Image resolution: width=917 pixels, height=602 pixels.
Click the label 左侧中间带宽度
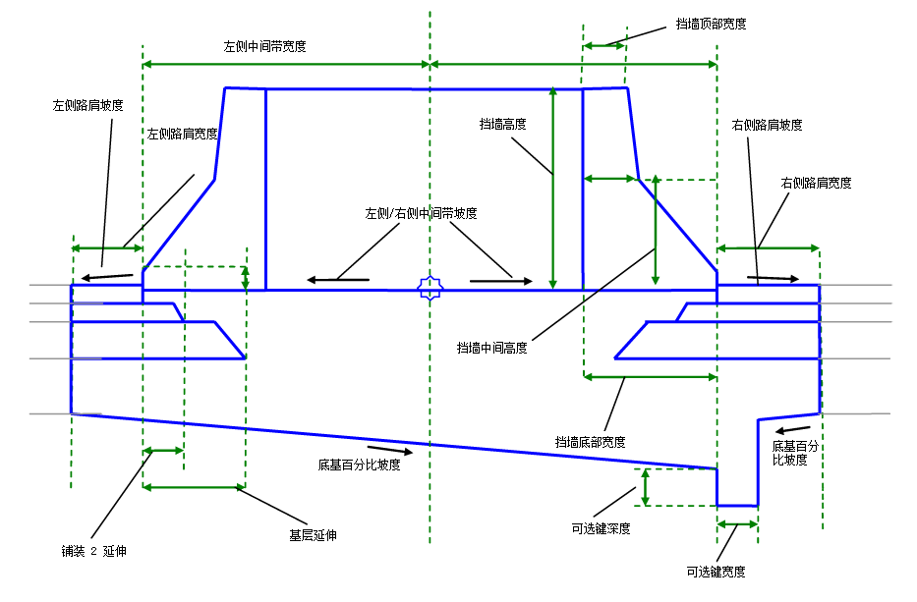(x=264, y=46)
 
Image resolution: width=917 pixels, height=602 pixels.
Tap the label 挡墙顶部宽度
(x=711, y=24)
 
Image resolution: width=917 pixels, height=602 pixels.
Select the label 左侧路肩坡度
(x=87, y=105)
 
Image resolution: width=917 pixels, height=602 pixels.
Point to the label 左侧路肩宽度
(x=183, y=134)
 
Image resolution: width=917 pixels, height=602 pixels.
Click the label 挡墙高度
(x=503, y=124)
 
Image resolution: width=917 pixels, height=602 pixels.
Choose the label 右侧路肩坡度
(x=767, y=125)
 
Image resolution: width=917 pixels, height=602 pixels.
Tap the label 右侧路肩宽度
(x=816, y=183)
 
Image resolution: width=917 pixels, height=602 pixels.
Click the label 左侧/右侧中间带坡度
(x=421, y=213)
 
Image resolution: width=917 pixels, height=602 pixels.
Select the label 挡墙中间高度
(x=491, y=348)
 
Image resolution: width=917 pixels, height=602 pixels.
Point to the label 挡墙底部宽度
(x=590, y=442)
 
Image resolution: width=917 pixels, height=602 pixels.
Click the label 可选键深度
(x=601, y=528)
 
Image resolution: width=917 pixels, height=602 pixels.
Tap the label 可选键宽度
(x=716, y=572)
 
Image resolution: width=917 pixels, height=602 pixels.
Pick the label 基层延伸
(x=313, y=535)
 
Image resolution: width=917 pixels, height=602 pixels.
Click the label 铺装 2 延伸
(x=93, y=551)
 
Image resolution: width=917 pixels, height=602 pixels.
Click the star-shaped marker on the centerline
(x=430, y=288)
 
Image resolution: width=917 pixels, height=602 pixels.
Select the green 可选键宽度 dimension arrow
(x=737, y=524)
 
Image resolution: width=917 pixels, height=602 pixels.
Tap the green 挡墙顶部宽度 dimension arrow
(x=604, y=45)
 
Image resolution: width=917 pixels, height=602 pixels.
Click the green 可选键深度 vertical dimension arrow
(x=645, y=487)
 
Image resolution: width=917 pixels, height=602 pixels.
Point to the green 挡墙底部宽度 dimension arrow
(x=651, y=377)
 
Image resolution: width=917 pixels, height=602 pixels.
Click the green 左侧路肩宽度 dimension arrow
(x=107, y=247)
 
